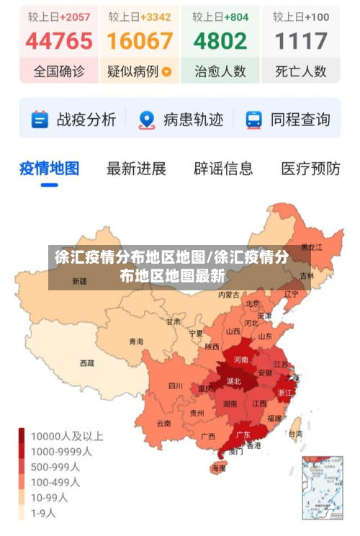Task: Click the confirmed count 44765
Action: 59,41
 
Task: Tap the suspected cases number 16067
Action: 140,41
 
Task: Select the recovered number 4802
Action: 220,41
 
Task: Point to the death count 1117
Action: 301,41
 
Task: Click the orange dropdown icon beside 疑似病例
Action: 167,72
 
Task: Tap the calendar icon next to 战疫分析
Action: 40,120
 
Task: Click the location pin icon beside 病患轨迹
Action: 147,120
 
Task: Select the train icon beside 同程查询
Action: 253,120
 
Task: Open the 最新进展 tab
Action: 136,169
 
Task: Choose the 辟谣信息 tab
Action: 223,169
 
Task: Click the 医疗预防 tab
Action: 310,169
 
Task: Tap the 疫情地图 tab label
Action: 49,169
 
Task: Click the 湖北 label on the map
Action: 234,381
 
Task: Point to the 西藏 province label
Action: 86,363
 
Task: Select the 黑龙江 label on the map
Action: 311,247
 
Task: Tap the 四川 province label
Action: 176,385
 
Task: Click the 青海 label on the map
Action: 135,341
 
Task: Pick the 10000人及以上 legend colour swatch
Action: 22,436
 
